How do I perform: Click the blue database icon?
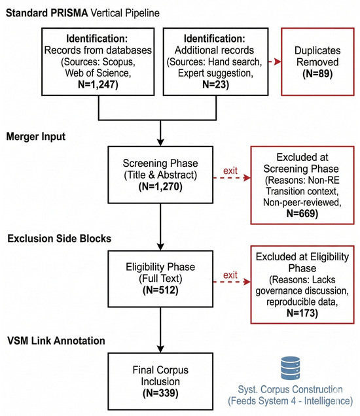(291, 368)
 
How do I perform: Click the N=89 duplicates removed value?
(317, 73)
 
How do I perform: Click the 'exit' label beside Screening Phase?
(230, 171)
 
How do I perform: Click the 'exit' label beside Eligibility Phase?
(230, 275)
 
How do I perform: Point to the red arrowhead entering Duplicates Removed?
(278, 62)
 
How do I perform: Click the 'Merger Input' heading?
(36, 137)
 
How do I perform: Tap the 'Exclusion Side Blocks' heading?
(59, 239)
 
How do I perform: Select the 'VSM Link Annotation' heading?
(56, 341)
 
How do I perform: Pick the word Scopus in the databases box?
(118, 62)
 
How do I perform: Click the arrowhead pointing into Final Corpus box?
(160, 349)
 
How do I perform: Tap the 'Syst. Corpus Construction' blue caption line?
(290, 389)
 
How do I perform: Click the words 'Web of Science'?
(98, 73)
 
